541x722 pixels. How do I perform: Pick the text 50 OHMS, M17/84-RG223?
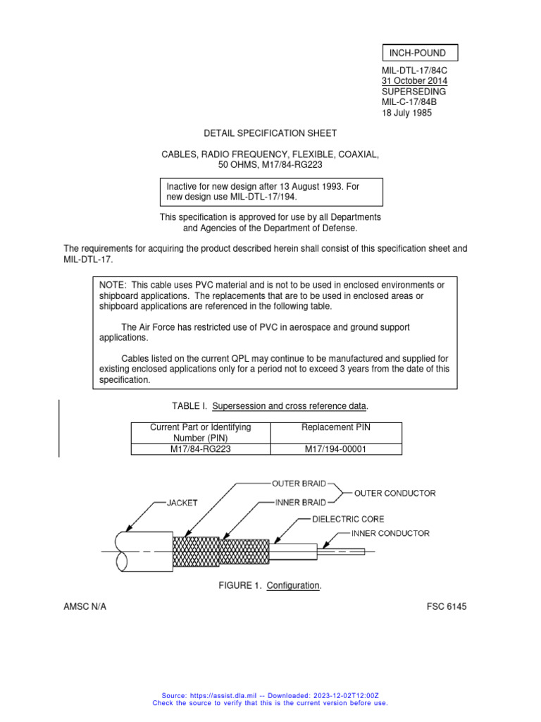tap(270, 165)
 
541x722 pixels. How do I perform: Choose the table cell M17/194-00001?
tap(336, 449)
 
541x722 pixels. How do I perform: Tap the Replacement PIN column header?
tap(336, 427)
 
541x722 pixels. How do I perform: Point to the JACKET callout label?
tap(182, 503)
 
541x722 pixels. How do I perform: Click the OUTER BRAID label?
tap(299, 484)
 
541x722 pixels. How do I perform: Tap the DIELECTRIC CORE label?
tap(349, 519)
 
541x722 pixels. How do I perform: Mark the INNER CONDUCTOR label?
tap(390, 534)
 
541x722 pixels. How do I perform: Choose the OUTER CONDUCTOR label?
tap(394, 493)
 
